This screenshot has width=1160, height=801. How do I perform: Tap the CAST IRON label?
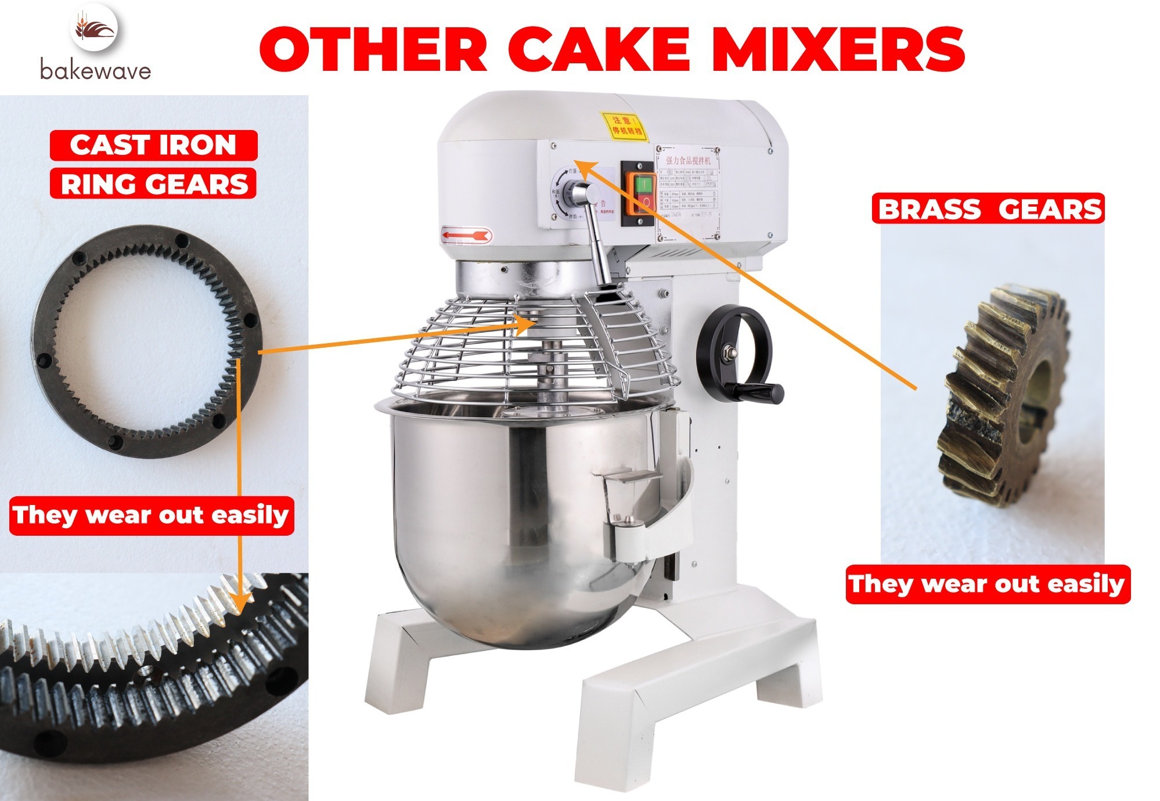tap(153, 145)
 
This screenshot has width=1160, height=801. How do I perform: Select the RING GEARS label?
tap(154, 184)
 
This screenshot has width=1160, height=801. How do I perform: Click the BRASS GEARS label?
tap(988, 209)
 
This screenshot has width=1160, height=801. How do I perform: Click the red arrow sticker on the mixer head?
tap(467, 235)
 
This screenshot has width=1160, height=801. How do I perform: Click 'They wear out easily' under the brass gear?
tap(987, 583)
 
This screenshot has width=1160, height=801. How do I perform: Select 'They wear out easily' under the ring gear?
tap(152, 515)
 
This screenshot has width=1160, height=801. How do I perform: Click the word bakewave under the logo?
tap(96, 70)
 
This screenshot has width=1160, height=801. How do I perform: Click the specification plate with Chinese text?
tap(688, 192)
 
